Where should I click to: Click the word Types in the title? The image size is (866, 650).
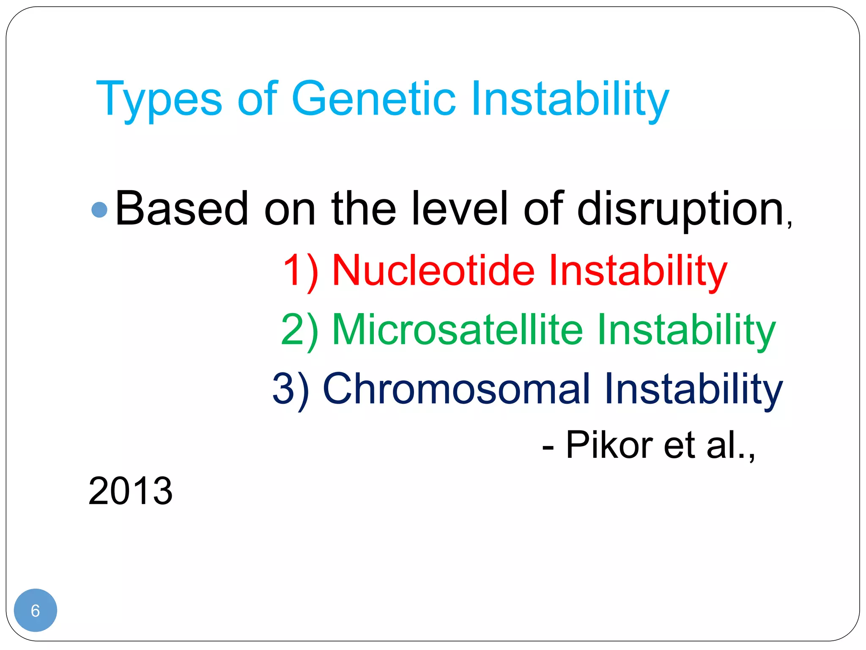pyautogui.click(x=159, y=99)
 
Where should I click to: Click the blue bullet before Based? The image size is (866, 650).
pyautogui.click(x=100, y=210)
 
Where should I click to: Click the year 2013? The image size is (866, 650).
pyautogui.click(x=131, y=491)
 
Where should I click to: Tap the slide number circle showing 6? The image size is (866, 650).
pyautogui.click(x=36, y=610)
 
